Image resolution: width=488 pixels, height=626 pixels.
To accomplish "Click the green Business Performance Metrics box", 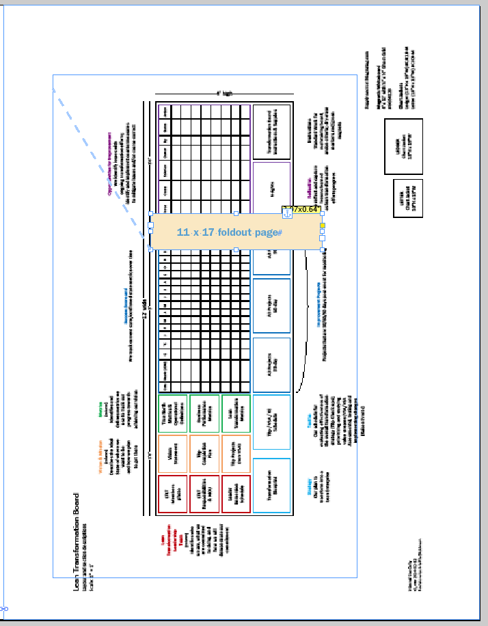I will click(x=204, y=413).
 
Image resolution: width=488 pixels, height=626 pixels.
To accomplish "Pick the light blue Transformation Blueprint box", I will click(x=271, y=485).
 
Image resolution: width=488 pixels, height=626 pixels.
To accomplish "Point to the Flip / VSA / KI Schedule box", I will click(x=271, y=422).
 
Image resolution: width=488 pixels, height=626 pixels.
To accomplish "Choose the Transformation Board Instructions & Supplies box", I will click(x=271, y=130).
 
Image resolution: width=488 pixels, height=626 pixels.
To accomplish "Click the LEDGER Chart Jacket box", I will click(x=403, y=140).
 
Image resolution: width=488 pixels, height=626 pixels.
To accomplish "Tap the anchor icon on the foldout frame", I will click(x=288, y=215).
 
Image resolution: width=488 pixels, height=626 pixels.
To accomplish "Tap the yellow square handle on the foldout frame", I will click(x=323, y=226).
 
